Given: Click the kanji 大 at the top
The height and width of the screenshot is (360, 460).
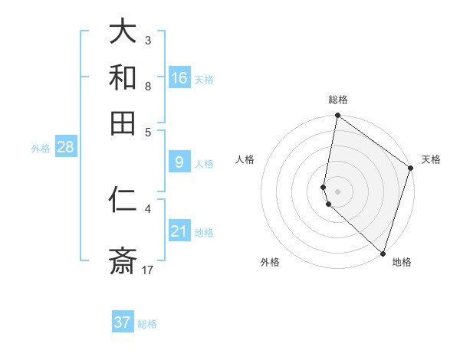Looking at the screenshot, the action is pos(123,31).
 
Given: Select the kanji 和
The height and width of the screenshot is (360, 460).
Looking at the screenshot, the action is pos(123,77).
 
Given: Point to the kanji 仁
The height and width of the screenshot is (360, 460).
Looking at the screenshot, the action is pos(123,201).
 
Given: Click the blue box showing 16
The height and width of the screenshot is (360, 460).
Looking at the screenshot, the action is pos(179,77).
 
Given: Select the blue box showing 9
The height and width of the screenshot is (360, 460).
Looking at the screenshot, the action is pos(179,162).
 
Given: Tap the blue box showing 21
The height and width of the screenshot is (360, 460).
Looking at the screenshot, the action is pos(179,231).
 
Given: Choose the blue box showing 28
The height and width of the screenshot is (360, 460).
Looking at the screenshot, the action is pos(66,147).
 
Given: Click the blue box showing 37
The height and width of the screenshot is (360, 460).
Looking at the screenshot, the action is pos(123,322).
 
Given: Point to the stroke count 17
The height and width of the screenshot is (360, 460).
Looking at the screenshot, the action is pos(148,270).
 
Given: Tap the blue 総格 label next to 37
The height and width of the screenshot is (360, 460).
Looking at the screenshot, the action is pos(147,324).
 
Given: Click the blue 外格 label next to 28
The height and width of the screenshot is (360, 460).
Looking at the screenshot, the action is pos(40,149).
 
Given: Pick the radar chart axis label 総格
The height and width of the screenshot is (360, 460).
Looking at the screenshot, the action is pos(337,100).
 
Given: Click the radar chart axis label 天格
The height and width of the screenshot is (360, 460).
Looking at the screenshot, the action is pos(431,159).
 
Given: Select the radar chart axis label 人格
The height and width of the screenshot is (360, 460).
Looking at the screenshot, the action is pos(245,159).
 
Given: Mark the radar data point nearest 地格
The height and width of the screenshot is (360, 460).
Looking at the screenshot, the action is pos(383,253).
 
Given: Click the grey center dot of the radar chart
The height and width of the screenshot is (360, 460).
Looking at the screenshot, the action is pos(337,191).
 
